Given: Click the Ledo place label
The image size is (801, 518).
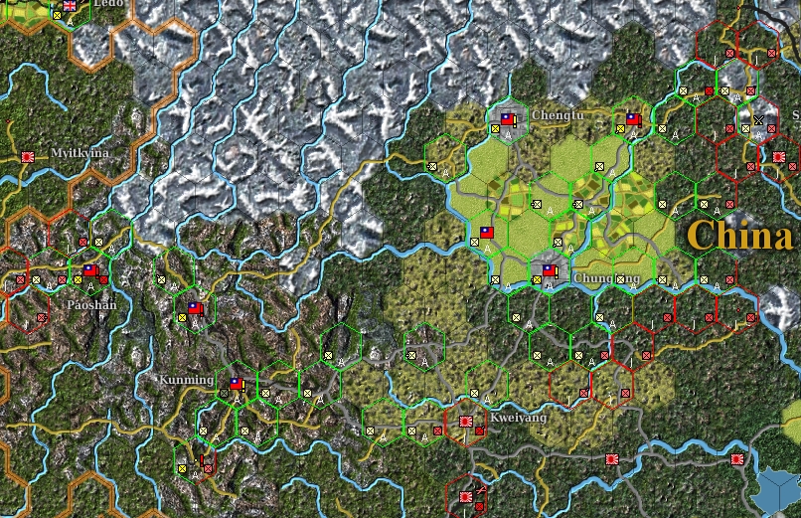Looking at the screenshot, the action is [x=108, y=4].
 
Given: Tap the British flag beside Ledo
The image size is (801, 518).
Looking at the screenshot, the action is [x=70, y=5].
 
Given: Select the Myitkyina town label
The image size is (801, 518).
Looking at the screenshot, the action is [x=80, y=152].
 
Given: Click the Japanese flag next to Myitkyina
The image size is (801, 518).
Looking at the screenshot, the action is [x=28, y=157].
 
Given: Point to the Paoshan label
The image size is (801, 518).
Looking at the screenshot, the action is [x=90, y=304].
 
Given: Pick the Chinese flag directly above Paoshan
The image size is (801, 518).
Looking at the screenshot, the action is [x=90, y=270].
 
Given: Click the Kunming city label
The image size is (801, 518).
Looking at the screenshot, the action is [x=186, y=380].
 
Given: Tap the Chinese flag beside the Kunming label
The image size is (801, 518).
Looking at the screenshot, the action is [x=237, y=384].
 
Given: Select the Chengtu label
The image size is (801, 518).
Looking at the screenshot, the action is [x=558, y=115].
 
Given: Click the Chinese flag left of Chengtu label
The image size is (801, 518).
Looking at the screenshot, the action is [x=507, y=119].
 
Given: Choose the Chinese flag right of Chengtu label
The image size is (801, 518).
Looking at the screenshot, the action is [x=632, y=119].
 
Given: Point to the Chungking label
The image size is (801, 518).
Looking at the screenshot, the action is [x=606, y=278].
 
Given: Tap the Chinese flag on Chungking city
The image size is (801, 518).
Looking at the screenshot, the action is [x=549, y=269].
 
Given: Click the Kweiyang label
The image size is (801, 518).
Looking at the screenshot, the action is [x=518, y=418].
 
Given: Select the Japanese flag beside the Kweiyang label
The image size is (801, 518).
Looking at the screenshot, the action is [x=466, y=422].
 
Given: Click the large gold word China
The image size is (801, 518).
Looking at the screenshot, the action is [x=739, y=236].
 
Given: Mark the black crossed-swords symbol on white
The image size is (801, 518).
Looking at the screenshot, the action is [x=759, y=119].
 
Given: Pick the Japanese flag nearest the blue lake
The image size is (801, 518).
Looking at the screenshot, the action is [x=737, y=459].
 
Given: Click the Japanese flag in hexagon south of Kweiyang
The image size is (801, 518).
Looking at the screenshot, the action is [x=466, y=493].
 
